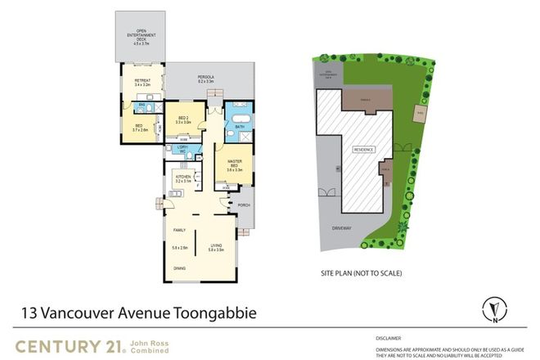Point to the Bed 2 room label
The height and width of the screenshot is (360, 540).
(x=184, y=119)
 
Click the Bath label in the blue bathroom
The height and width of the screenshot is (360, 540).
(x=239, y=128)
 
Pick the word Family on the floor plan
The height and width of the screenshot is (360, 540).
(x=178, y=231)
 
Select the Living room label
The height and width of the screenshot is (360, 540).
(x=216, y=245)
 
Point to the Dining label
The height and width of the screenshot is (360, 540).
(x=178, y=268)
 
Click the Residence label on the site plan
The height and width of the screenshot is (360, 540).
(x=363, y=150)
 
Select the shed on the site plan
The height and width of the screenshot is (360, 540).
(x=421, y=113)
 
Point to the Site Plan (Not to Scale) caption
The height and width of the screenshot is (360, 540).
(x=360, y=272)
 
